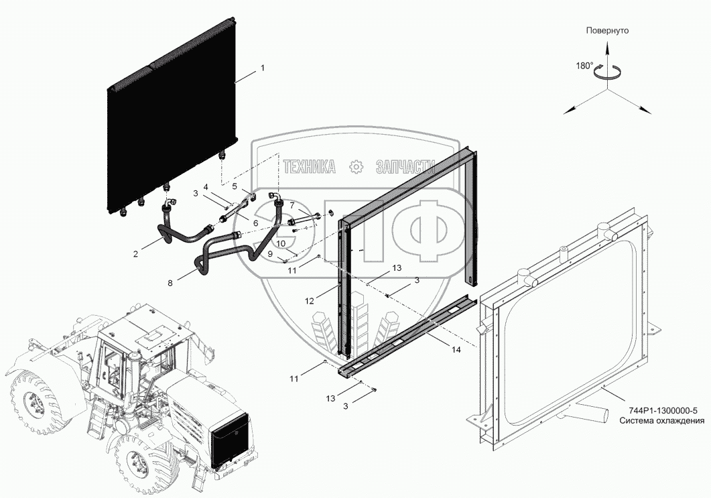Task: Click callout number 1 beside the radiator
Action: [263, 68]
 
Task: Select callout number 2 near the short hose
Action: [135, 253]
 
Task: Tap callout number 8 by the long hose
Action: [170, 284]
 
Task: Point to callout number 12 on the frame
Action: [309, 301]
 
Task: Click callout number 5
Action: [235, 187]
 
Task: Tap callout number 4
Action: [206, 186]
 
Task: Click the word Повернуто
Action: [607, 31]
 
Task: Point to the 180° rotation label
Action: [584, 66]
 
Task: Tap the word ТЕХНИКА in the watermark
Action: [309, 168]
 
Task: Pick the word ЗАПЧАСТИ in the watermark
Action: [406, 168]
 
